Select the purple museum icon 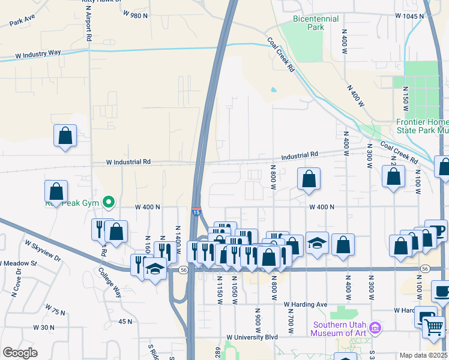click(x=376, y=328)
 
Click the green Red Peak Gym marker click(x=109, y=202)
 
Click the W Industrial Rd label click(x=128, y=162)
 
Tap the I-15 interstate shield click(x=196, y=211)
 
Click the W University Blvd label click(x=252, y=337)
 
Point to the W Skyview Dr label click(x=43, y=251)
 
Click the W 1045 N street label click(x=409, y=16)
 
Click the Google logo click(x=20, y=353)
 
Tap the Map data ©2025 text click(x=423, y=355)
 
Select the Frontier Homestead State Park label click(x=422, y=125)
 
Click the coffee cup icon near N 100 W click(x=436, y=230)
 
